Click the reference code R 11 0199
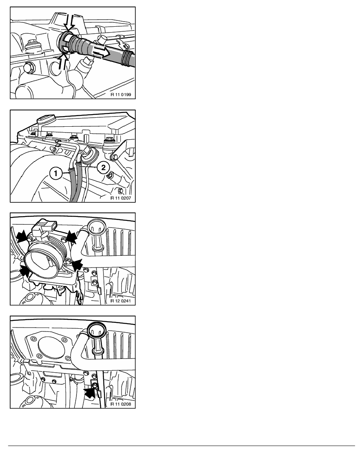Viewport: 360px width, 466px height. [x=121, y=95]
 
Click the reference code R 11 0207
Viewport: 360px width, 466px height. [x=121, y=198]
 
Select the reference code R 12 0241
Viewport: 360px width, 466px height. [x=121, y=301]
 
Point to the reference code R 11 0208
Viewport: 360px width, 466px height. [x=121, y=404]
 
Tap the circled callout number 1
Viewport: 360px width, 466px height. [x=56, y=173]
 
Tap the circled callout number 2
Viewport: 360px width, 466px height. [x=103, y=167]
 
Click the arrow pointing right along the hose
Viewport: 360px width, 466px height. [x=101, y=52]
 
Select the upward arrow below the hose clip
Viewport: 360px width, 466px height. [x=63, y=61]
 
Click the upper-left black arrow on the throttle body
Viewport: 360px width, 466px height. [x=22, y=236]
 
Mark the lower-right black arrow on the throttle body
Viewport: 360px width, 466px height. [x=77, y=264]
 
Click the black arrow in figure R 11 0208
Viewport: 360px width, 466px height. [x=90, y=392]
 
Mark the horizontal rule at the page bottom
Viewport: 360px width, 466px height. [x=182, y=446]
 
